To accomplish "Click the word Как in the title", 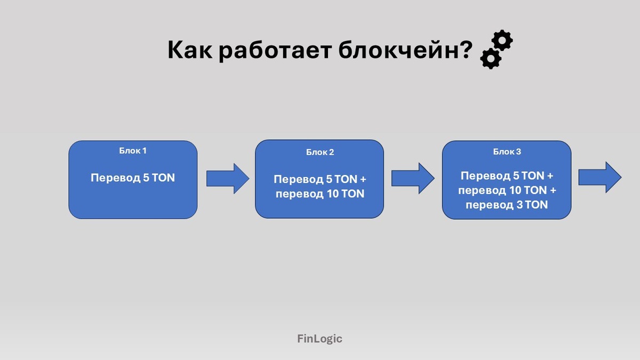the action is point(189,51).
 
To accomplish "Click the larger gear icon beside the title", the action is point(502,41).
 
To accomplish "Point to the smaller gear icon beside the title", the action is point(490,58).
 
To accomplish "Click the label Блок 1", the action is point(133,150).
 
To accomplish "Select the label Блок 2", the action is point(320,152).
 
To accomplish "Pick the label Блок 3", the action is point(507,152).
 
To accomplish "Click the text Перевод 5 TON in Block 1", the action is point(133,178).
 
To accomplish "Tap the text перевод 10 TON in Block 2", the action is point(320,194).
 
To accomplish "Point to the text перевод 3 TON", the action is point(507,204).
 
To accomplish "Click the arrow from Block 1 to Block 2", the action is point(227,178).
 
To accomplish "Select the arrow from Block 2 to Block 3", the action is point(413,178).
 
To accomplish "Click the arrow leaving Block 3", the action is point(599,178).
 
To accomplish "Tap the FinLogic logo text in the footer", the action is point(319,338).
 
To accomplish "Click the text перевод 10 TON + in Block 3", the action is point(507,190).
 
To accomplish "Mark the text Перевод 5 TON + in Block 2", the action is point(320,180).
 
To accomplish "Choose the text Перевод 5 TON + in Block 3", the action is point(507,176).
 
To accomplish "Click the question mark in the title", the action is point(466,51).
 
